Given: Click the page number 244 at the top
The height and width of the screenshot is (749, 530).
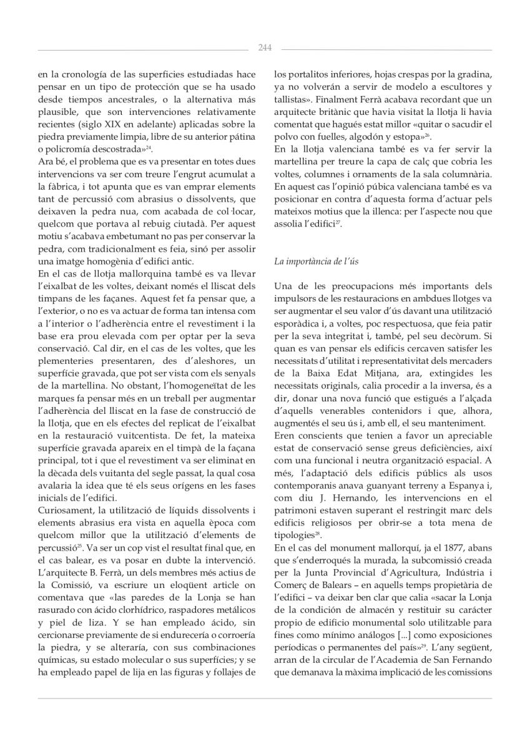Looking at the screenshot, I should click(265, 47).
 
